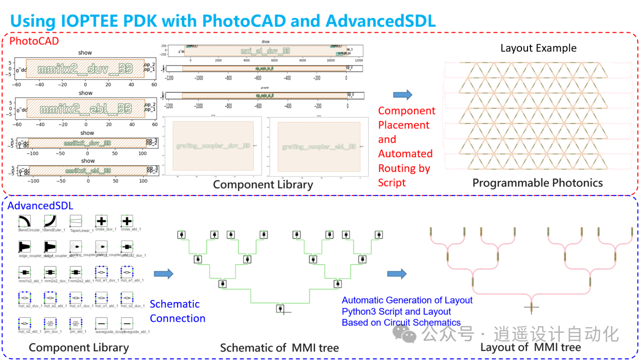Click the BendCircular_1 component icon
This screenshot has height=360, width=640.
point(25,221)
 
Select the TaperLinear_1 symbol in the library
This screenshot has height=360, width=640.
point(76,221)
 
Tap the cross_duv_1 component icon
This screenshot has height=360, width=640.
point(101,221)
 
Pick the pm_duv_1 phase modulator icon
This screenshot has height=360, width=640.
point(50,323)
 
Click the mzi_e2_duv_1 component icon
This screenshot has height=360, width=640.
point(25,297)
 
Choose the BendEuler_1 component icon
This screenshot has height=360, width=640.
point(50,221)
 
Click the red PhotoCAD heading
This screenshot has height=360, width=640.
point(34,41)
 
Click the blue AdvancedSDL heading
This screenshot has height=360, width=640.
point(40,205)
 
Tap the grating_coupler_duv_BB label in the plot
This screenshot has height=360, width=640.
point(213,146)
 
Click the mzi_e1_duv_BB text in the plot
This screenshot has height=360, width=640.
point(265,51)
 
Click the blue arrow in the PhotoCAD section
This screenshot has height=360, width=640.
point(402,94)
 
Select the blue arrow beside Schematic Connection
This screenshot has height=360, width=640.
point(163,274)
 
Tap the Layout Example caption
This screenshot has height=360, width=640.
point(538,48)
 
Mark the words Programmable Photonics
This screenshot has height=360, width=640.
point(537,183)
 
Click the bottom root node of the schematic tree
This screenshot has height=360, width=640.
point(280,308)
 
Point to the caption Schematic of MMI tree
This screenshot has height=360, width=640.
point(279,348)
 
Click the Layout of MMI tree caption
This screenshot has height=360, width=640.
point(530,347)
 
